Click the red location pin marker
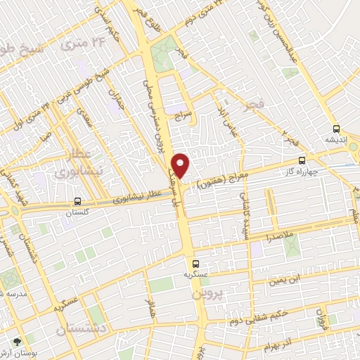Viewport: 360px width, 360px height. tap(181, 165)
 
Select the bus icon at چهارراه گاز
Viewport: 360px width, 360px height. tap(302, 160)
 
